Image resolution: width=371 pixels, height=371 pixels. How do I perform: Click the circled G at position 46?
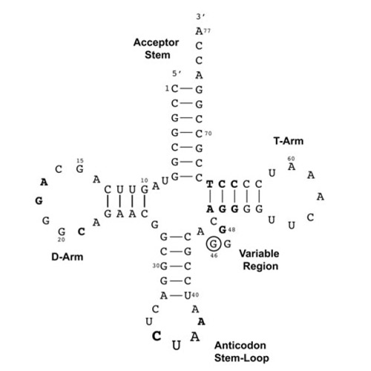tap(213, 244)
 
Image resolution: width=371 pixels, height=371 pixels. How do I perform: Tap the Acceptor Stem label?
tap(157, 48)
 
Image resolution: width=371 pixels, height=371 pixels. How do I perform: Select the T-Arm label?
tap(289, 141)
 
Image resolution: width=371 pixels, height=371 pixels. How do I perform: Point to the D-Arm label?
tap(68, 257)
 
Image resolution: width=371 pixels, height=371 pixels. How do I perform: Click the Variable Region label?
tap(260, 260)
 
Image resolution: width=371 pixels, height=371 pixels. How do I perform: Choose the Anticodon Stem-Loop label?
tap(242, 352)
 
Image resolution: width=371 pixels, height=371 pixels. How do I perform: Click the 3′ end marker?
tap(200, 16)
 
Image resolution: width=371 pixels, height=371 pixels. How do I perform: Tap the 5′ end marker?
tap(177, 73)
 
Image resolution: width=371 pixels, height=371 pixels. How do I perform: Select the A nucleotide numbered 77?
tap(199, 31)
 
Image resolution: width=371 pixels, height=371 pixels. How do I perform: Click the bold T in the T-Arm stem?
tap(210, 184)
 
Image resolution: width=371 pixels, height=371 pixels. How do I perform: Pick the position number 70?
tap(209, 134)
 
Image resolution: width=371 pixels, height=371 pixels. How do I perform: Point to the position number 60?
tap(291, 159)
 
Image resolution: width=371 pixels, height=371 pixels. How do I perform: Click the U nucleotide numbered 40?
tap(188, 295)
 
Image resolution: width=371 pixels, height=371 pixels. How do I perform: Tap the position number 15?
tap(80, 161)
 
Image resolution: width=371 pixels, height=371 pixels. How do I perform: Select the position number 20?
tap(62, 240)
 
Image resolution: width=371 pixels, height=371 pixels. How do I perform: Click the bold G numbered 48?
tap(223, 230)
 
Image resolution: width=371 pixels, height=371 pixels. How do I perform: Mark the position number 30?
tap(156, 266)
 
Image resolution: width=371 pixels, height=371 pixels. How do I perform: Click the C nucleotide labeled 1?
tap(174, 88)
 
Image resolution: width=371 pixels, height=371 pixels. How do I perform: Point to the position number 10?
tap(144, 180)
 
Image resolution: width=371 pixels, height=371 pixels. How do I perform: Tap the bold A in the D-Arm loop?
tap(44, 183)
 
